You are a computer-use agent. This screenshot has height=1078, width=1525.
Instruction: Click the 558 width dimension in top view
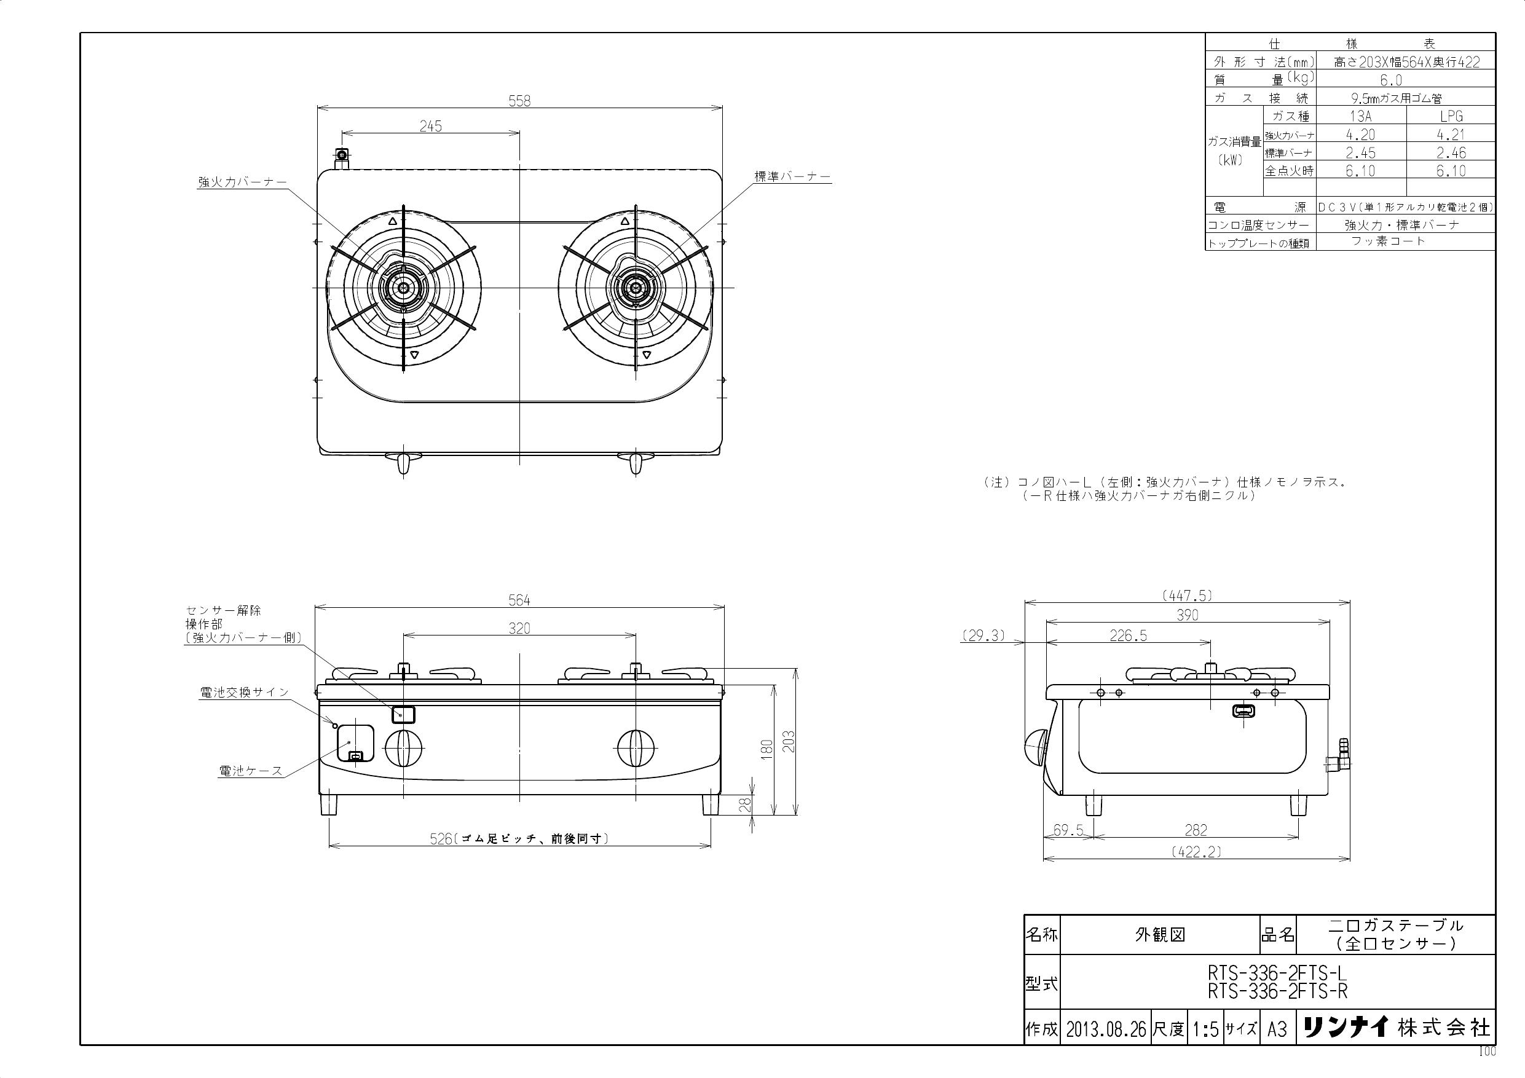click(x=519, y=100)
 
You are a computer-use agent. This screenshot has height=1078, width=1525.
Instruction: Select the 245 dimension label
click(x=430, y=126)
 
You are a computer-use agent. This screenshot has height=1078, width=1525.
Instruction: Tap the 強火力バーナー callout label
click(x=242, y=182)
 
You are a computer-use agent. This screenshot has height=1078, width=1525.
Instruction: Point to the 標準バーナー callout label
click(x=792, y=176)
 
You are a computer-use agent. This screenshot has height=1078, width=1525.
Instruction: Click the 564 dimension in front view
click(x=519, y=600)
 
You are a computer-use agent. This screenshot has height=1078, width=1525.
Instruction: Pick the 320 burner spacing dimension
click(x=519, y=628)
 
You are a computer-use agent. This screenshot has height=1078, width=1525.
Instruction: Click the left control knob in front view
click(x=403, y=748)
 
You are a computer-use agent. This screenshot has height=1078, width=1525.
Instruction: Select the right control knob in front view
click(x=636, y=748)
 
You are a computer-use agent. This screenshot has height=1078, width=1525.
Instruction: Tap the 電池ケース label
click(x=250, y=771)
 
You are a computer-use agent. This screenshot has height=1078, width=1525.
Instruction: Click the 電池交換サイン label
click(x=245, y=692)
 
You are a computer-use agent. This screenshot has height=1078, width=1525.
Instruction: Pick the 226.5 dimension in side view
click(x=1128, y=636)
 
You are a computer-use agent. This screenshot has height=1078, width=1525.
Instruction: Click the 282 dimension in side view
click(x=1196, y=830)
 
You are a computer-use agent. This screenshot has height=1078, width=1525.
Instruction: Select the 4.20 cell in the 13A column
click(x=1360, y=135)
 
